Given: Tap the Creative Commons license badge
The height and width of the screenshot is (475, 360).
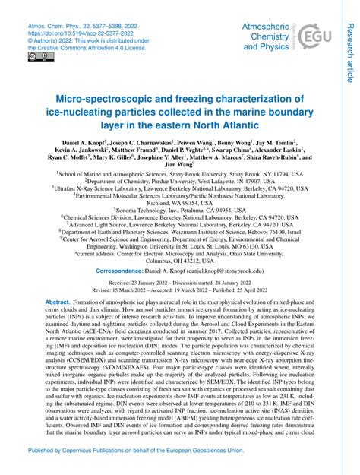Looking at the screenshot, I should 36,56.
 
